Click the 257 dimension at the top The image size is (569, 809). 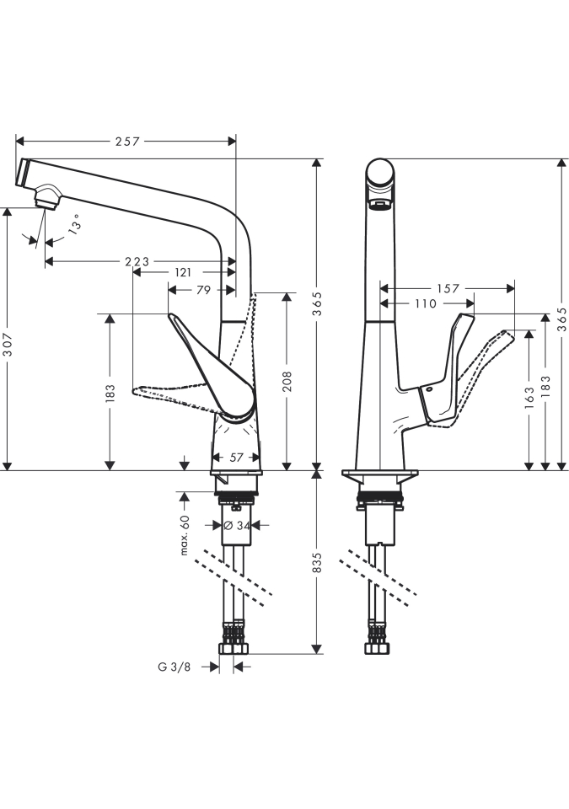(126, 142)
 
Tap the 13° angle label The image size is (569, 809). (75, 224)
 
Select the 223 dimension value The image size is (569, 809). (137, 262)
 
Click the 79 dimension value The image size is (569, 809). (202, 290)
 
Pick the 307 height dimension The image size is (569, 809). (8, 340)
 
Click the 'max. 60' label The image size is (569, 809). (185, 536)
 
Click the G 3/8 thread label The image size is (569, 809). (174, 667)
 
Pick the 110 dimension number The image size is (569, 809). (427, 303)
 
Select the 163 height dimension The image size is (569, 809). (529, 395)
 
